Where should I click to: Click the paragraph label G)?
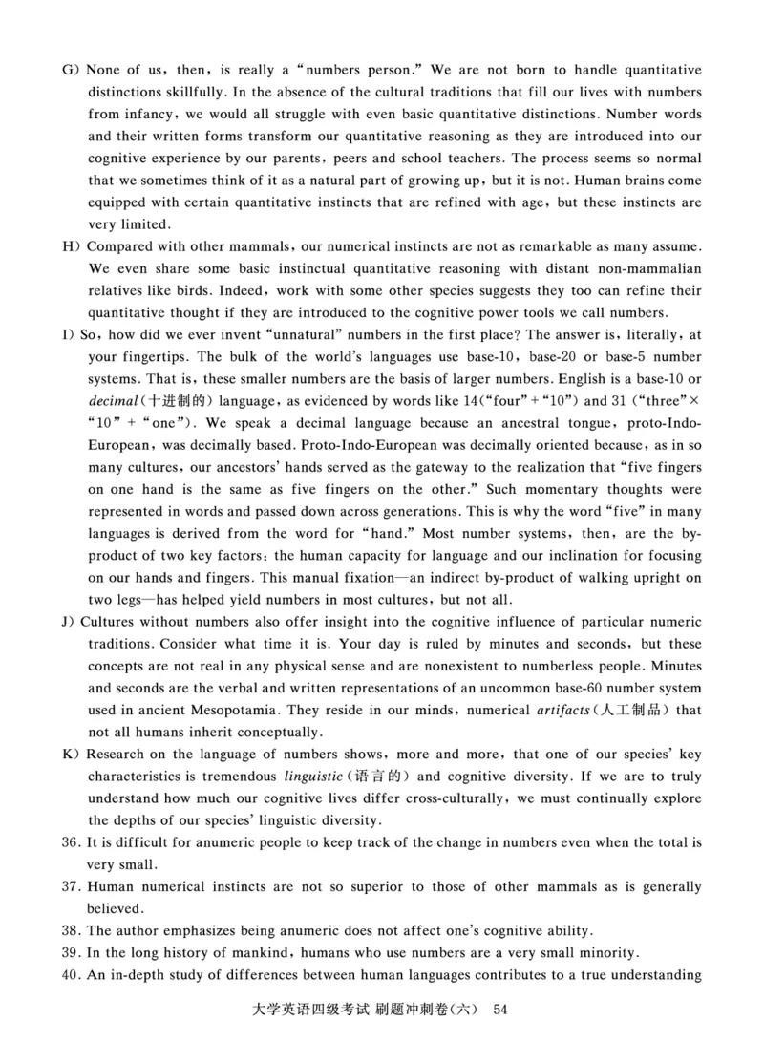click(69, 71)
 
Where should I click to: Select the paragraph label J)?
click(68, 623)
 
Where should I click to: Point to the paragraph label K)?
click(69, 755)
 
